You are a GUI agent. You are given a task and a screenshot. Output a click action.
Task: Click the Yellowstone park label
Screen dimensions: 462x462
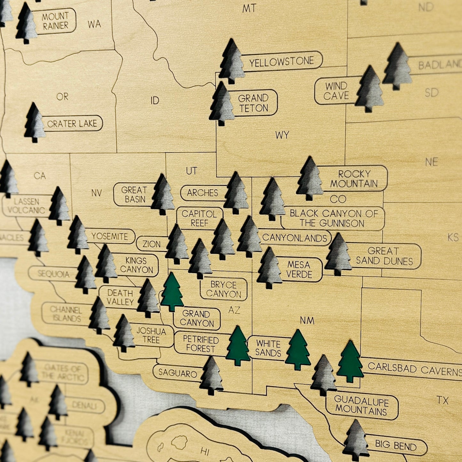pos(281,61)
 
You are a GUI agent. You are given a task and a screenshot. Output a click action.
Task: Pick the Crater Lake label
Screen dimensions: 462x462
pos(72,124)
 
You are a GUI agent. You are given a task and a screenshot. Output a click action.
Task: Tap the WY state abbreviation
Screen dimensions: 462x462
pos(282,135)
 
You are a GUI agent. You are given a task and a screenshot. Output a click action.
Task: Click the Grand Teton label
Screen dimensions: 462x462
pos(253,103)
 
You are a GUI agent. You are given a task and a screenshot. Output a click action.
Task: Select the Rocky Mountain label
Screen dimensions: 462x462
pos(354,178)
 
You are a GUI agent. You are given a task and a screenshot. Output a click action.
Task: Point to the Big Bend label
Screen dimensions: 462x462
pos(395,445)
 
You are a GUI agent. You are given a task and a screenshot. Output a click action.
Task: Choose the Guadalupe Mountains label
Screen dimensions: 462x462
pos(361,405)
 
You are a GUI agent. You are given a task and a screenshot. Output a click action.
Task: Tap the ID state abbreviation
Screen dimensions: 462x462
pos(155,101)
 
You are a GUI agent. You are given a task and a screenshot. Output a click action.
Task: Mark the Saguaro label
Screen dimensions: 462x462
pos(178,373)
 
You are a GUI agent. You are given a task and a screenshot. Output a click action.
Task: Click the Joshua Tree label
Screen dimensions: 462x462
pos(151,335)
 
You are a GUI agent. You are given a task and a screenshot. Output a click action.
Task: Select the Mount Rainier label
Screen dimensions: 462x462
pos(55,21)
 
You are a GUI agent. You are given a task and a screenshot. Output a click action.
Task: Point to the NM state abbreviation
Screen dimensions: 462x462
pos(307,320)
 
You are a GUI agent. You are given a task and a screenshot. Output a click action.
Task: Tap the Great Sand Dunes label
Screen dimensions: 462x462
pos(384,256)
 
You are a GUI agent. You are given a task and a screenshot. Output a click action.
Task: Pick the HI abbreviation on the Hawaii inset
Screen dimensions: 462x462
pos(205,451)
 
